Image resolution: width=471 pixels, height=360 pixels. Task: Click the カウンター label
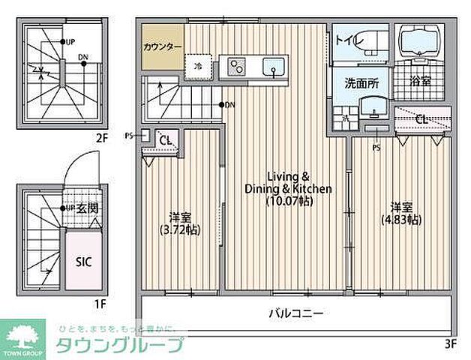163,46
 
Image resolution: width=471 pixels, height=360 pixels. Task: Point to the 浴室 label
420,82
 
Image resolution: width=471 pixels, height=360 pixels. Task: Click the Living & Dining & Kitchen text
288,182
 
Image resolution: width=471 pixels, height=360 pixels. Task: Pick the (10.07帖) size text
289,201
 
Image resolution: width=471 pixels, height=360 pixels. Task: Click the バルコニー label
297,313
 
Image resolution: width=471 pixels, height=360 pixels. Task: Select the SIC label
83,262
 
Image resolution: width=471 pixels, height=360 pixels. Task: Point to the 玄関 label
88,208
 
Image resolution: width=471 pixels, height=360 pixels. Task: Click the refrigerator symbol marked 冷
199,65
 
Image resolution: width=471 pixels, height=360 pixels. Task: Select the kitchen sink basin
274,66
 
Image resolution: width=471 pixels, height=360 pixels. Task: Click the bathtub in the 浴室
419,42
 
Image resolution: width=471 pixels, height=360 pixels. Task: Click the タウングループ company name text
120,346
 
